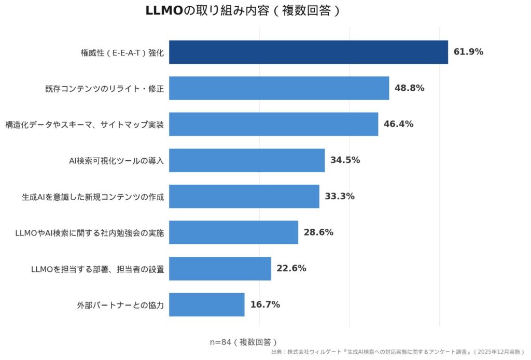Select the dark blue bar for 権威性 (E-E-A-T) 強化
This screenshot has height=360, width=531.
point(308,52)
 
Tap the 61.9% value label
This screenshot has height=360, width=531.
point(468,52)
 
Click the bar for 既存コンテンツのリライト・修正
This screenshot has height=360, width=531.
point(279,88)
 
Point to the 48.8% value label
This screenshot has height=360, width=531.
point(409,88)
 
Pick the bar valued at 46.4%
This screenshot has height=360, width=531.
point(273,124)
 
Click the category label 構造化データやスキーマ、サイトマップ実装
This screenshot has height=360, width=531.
point(85,124)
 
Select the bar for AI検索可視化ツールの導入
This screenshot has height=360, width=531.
point(247,160)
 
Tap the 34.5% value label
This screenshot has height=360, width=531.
point(345,160)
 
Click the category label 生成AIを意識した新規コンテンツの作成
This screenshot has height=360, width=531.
point(93,197)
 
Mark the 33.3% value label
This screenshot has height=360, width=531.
point(339,197)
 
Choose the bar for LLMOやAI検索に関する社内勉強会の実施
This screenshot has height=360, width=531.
point(233,232)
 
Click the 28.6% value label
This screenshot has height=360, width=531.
point(318,232)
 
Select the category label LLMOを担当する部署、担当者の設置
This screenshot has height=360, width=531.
point(97,269)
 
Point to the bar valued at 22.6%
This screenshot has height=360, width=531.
point(220,269)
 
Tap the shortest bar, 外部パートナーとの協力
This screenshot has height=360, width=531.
point(206,304)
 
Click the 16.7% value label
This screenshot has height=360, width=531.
point(265,304)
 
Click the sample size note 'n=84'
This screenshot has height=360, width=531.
point(243,342)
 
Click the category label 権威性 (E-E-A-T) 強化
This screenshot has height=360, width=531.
point(122,52)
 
